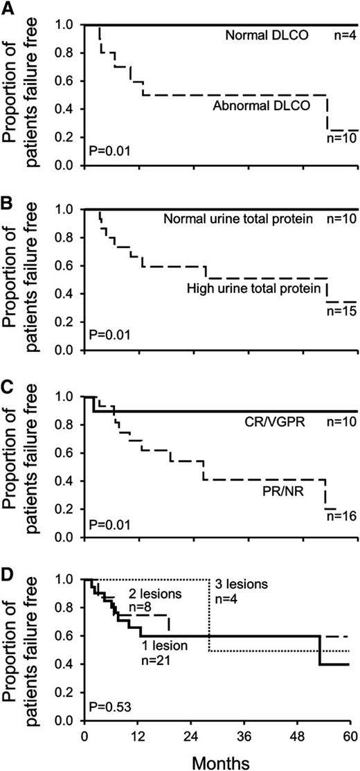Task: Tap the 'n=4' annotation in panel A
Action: point(338,35)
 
